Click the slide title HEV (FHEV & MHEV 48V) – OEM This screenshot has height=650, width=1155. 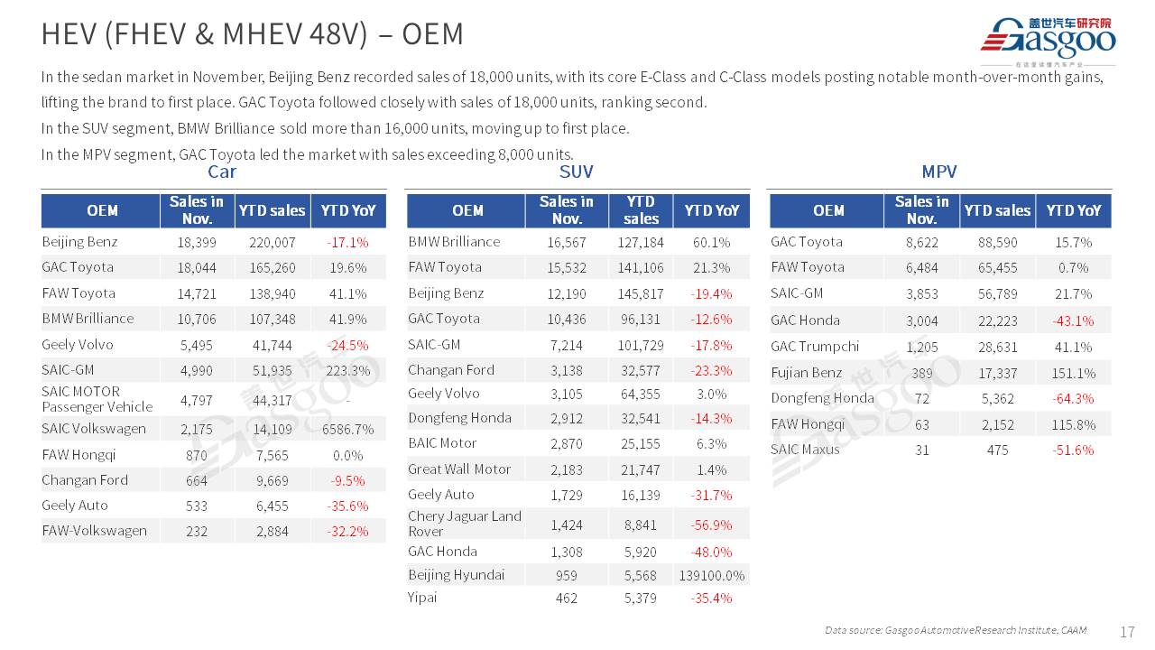[253, 34]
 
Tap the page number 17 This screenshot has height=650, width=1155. [1127, 632]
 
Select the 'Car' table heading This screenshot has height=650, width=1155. [222, 172]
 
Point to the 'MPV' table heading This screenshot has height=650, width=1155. [939, 172]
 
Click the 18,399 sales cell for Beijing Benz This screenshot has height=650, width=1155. [197, 242]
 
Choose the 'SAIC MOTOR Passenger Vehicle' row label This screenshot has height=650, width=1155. [97, 399]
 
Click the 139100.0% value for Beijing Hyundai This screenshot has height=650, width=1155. [712, 576]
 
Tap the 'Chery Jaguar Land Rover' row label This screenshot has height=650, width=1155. [465, 524]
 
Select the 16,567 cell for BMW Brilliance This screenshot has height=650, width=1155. [567, 242]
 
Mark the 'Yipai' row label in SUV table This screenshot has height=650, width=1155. [422, 597]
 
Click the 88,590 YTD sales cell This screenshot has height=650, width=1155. [997, 242]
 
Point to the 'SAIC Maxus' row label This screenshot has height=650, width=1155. [805, 450]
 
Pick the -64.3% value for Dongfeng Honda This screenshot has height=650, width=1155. [1073, 398]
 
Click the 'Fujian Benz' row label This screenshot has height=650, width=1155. [807, 372]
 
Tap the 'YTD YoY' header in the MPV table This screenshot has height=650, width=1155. [1073, 210]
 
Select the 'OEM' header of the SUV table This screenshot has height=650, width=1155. [467, 210]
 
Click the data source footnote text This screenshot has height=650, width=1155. [956, 630]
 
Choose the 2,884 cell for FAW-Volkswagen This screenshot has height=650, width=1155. [272, 532]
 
